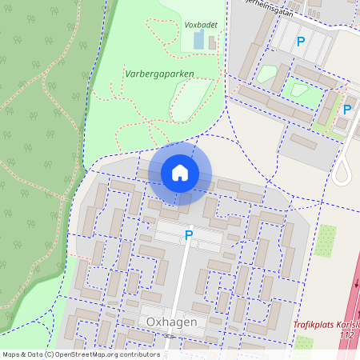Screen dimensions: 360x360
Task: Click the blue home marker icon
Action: (180, 173)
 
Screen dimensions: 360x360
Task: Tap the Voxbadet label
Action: (201, 25)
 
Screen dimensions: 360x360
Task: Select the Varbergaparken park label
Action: (160, 72)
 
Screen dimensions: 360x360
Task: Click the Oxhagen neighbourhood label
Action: (172, 321)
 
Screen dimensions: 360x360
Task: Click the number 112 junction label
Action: (346, 334)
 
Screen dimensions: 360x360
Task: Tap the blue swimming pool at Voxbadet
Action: (198, 40)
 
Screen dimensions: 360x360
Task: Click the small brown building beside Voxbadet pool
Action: (211, 42)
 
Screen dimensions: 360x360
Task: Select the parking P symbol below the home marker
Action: (189, 235)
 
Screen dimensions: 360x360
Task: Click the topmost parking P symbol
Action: (301, 41)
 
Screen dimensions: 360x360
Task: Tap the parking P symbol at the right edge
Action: (347, 110)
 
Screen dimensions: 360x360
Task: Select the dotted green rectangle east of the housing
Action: (326, 237)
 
